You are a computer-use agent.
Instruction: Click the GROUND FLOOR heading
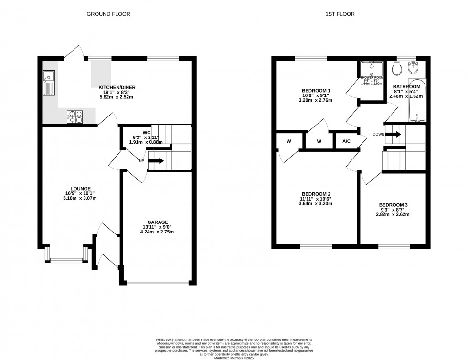[108, 14]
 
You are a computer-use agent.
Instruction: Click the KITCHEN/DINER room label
[117, 87]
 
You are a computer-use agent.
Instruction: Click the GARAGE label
[157, 222]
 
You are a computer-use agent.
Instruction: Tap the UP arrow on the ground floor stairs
[156, 161]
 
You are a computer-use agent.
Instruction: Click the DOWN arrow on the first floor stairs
[393, 134]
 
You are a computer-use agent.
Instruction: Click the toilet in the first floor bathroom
[396, 69]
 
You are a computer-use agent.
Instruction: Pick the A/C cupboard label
[346, 141]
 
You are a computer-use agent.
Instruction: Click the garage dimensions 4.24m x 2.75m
[157, 233]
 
